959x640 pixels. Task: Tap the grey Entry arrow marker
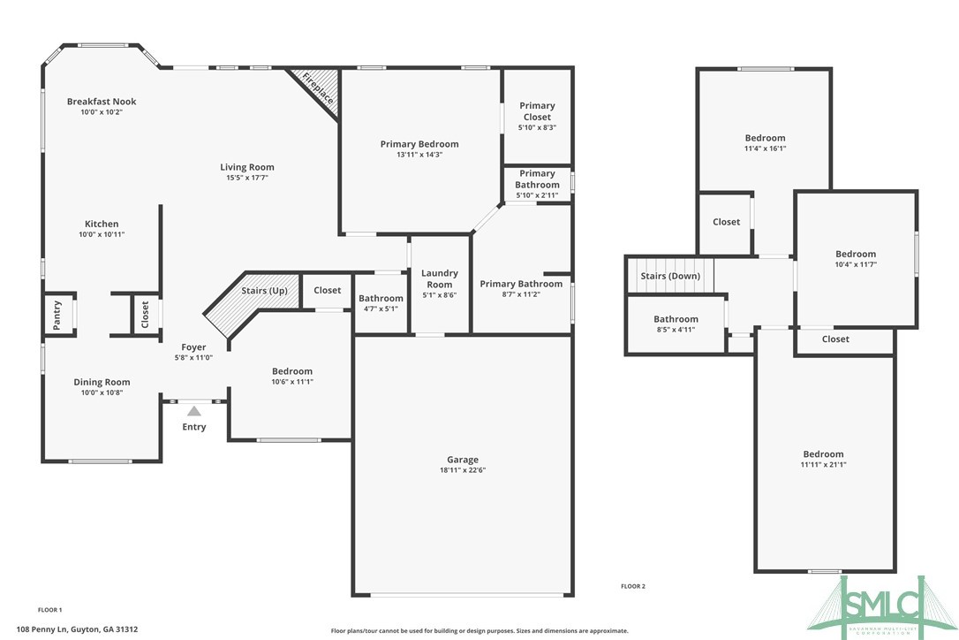point(194,410)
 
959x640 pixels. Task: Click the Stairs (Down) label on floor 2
point(670,276)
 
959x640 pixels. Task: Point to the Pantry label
point(57,315)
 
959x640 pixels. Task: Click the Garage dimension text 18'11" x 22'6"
point(463,470)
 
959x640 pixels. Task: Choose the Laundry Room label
point(439,278)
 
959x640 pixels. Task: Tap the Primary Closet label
point(537,111)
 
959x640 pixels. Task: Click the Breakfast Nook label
point(102,102)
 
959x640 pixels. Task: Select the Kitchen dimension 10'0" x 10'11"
point(102,234)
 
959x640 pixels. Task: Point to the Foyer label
point(194,347)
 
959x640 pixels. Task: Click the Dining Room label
point(102,382)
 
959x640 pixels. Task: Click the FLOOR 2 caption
point(633,586)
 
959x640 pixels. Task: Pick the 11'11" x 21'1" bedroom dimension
point(823,464)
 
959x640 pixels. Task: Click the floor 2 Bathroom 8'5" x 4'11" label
point(676,319)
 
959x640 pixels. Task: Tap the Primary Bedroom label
point(419,144)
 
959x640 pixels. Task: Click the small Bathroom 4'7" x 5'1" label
point(381,299)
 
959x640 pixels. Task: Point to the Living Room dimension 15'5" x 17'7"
point(247,178)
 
